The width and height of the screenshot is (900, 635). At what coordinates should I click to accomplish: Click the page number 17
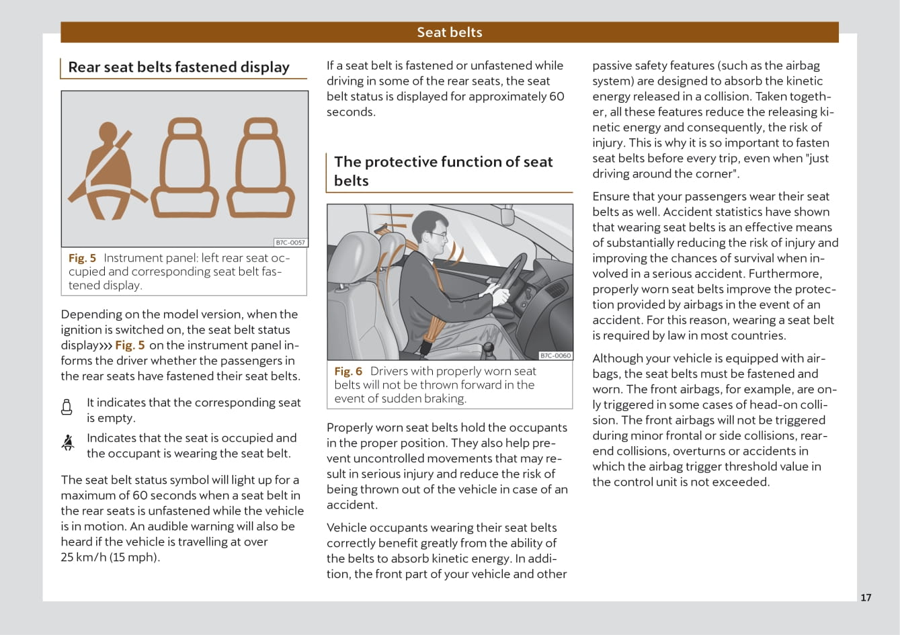pos(866,597)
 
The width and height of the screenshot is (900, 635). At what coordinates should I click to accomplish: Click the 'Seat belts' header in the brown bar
pos(449,32)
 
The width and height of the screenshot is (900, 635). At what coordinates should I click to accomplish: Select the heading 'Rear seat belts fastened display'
pos(179,67)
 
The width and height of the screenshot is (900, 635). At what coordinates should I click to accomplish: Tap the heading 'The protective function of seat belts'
pos(443,171)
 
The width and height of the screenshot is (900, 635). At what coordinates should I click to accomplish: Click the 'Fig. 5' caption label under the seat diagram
pos(82,258)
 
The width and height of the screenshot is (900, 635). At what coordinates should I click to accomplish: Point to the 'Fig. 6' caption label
pos(348,371)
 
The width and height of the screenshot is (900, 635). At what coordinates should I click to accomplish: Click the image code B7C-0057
pos(290,243)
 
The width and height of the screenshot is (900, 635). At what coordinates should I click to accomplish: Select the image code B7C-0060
pos(556,355)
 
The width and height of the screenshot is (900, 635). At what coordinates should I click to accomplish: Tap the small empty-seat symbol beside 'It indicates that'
pos(67,407)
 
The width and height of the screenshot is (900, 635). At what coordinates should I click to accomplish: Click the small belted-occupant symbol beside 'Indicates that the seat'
pos(67,442)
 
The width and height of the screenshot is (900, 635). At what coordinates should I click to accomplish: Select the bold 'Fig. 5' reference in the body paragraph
pos(130,345)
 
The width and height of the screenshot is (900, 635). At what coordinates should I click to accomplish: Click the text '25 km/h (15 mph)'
pos(110,557)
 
